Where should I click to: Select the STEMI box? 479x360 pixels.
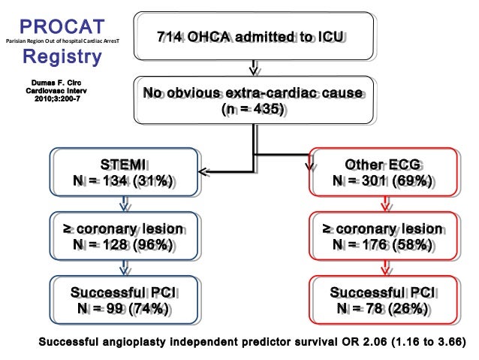click(124, 173)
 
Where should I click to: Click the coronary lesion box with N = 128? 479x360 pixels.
click(124, 236)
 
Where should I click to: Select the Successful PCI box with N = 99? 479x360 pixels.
click(124, 299)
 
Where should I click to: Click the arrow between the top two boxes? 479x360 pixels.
click(255, 69)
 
